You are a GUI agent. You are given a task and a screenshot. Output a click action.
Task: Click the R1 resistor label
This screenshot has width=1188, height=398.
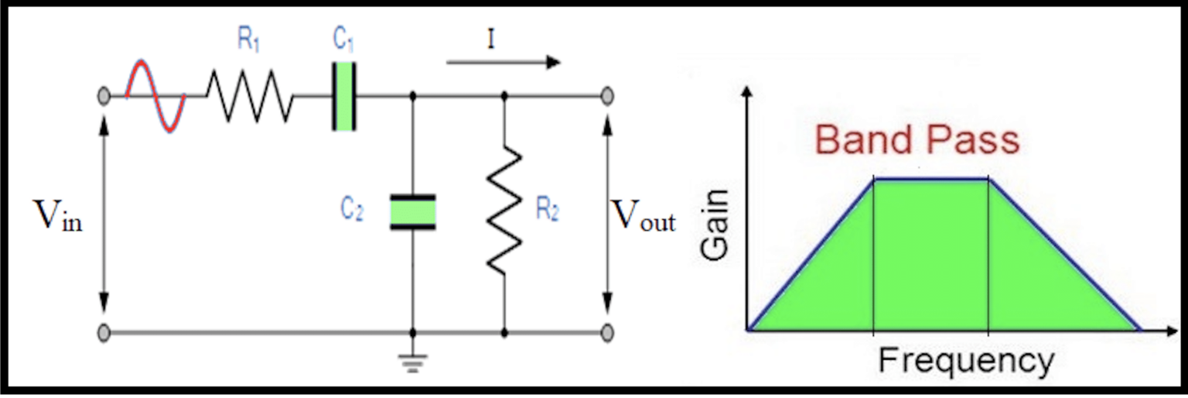[x=247, y=40]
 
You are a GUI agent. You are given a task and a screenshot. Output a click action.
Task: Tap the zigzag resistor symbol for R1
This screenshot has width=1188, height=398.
[x=249, y=96]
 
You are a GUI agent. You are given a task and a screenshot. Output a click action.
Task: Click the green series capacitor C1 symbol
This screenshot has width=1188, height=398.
[x=344, y=96]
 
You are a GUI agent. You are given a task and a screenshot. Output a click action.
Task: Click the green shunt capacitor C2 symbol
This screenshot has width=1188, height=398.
[x=412, y=211]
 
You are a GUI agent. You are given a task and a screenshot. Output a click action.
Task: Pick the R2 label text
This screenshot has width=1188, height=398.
[x=547, y=211]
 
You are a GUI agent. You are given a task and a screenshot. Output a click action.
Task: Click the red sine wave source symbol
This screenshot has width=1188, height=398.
[x=156, y=96]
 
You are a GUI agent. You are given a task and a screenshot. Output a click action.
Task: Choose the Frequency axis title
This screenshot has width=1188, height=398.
[x=965, y=361]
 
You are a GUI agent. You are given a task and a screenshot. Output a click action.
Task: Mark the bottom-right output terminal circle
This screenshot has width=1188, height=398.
[x=608, y=333]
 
